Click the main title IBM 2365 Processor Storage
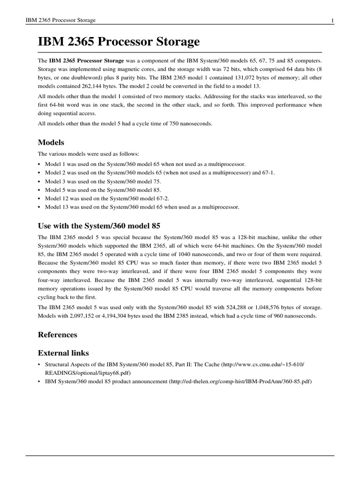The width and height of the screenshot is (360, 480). click(119, 42)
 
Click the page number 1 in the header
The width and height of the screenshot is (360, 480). click(332, 20)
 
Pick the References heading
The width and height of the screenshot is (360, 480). click(57, 335)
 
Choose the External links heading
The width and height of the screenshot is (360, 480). click(63, 352)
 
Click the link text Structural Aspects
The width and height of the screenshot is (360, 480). click(63, 364)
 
